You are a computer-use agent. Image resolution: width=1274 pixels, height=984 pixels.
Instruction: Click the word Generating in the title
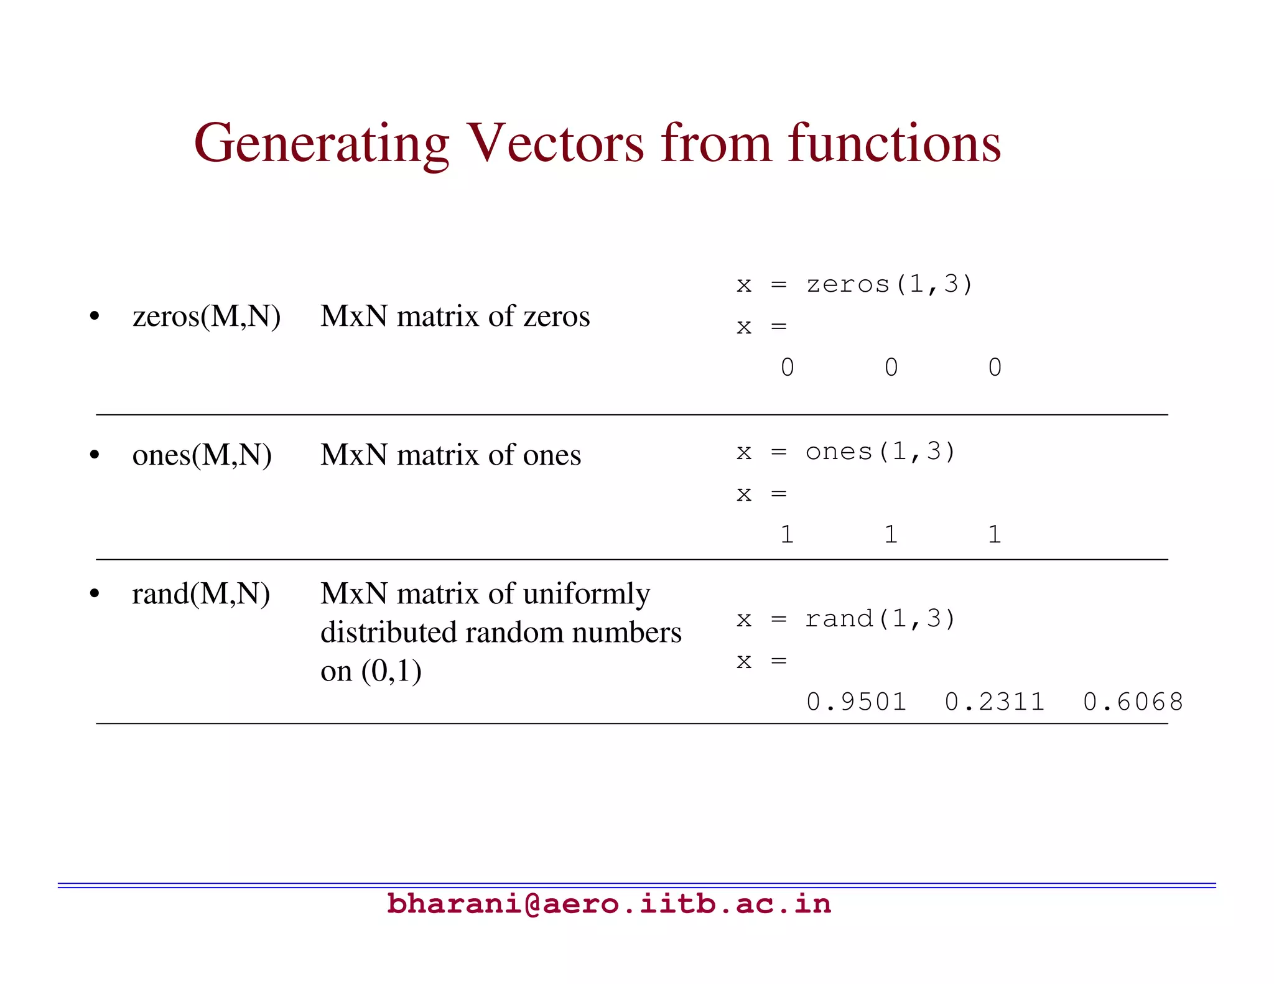(x=321, y=144)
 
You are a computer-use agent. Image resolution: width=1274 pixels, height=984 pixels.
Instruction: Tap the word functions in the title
(x=894, y=143)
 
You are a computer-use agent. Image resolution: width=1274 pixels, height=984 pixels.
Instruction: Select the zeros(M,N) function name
(x=207, y=316)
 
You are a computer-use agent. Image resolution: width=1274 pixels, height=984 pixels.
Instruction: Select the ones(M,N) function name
(x=202, y=455)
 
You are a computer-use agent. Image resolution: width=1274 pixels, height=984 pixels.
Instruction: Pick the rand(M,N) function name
(x=201, y=593)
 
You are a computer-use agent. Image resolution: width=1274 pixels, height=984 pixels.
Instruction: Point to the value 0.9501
(x=856, y=702)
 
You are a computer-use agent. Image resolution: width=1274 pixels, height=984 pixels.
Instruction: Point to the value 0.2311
(x=994, y=702)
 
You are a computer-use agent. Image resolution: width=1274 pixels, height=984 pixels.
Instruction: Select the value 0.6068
(x=1133, y=702)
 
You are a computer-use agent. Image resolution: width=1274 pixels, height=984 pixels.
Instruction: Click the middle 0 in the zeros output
(x=891, y=367)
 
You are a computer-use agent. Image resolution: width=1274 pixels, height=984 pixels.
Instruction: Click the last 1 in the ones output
(x=994, y=534)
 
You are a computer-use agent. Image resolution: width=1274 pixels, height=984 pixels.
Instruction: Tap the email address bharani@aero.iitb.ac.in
(x=608, y=904)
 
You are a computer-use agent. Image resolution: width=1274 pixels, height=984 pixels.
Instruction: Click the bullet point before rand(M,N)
(x=95, y=594)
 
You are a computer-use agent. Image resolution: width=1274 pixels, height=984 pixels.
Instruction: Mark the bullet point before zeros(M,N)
(x=95, y=317)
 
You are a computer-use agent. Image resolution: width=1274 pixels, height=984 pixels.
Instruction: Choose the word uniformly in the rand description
(x=586, y=594)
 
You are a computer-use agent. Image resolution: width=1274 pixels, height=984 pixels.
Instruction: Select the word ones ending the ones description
(x=552, y=455)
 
